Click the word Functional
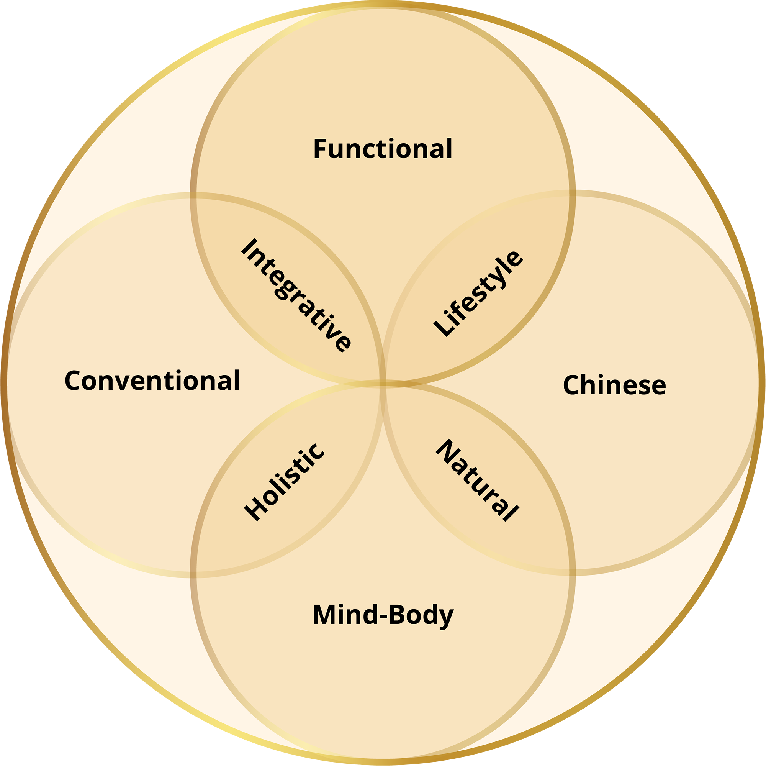(x=383, y=149)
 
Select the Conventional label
(x=152, y=381)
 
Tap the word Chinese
(x=614, y=385)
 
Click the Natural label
(x=477, y=480)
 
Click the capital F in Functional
(x=319, y=149)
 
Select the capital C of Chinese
(x=571, y=385)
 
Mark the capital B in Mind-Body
(x=397, y=615)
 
